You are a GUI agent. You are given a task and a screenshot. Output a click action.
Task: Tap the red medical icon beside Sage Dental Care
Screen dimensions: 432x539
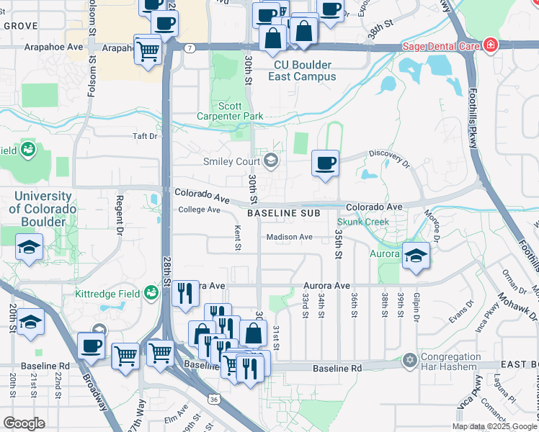pos(490,45)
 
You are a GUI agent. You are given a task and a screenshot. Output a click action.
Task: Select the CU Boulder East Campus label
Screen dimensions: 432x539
pos(305,70)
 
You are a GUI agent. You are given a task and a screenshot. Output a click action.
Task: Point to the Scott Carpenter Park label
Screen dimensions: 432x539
pos(230,110)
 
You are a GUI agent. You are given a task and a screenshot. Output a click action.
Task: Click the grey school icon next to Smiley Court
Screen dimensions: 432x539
pos(271,161)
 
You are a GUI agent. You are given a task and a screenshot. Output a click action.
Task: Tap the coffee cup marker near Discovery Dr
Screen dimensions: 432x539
pos(326,163)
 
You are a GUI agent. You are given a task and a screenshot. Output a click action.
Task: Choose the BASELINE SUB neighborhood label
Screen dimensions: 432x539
pos(283,214)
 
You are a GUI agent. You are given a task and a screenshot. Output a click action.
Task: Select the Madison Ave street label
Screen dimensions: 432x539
pos(290,237)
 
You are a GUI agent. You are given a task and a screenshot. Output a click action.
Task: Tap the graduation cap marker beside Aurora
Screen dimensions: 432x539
pos(416,256)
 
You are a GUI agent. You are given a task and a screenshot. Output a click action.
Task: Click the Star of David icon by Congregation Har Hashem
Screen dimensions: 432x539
pos(410,359)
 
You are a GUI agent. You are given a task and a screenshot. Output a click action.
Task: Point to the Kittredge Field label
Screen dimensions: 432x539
pos(108,293)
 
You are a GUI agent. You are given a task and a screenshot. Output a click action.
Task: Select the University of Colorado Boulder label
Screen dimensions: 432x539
pos(42,209)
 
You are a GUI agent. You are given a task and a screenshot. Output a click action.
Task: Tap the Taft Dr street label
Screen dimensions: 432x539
pos(144,135)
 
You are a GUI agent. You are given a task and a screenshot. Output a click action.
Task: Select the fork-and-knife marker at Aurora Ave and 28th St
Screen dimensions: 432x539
pos(186,292)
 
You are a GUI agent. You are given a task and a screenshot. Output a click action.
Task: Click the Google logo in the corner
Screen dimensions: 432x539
pos(24,423)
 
